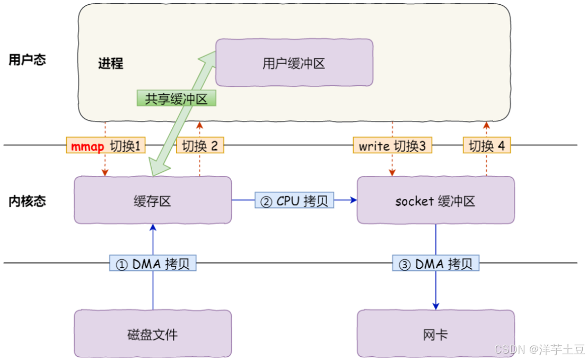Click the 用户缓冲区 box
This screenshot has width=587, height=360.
294,63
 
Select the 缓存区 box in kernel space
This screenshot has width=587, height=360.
153,200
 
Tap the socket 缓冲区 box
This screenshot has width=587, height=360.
436,200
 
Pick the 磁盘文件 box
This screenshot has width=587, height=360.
153,333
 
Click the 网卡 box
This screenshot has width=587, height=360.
436,333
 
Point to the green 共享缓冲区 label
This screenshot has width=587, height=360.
177,98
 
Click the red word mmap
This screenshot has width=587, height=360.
87,146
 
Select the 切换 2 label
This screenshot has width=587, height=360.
200,145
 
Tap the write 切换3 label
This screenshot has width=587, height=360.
392,145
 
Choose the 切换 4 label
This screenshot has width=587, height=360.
487,145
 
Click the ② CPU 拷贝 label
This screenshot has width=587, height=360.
294,200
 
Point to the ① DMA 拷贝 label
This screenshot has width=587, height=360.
153,263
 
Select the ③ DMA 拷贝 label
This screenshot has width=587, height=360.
436,263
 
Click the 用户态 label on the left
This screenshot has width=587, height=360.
28,59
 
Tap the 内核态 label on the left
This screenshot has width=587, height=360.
28,201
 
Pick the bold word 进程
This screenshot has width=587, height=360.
110,63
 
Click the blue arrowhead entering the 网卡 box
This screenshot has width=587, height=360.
436,306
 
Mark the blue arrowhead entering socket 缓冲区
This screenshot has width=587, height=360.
353,200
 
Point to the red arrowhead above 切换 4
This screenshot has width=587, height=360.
487,125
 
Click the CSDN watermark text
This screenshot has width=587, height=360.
539,349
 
